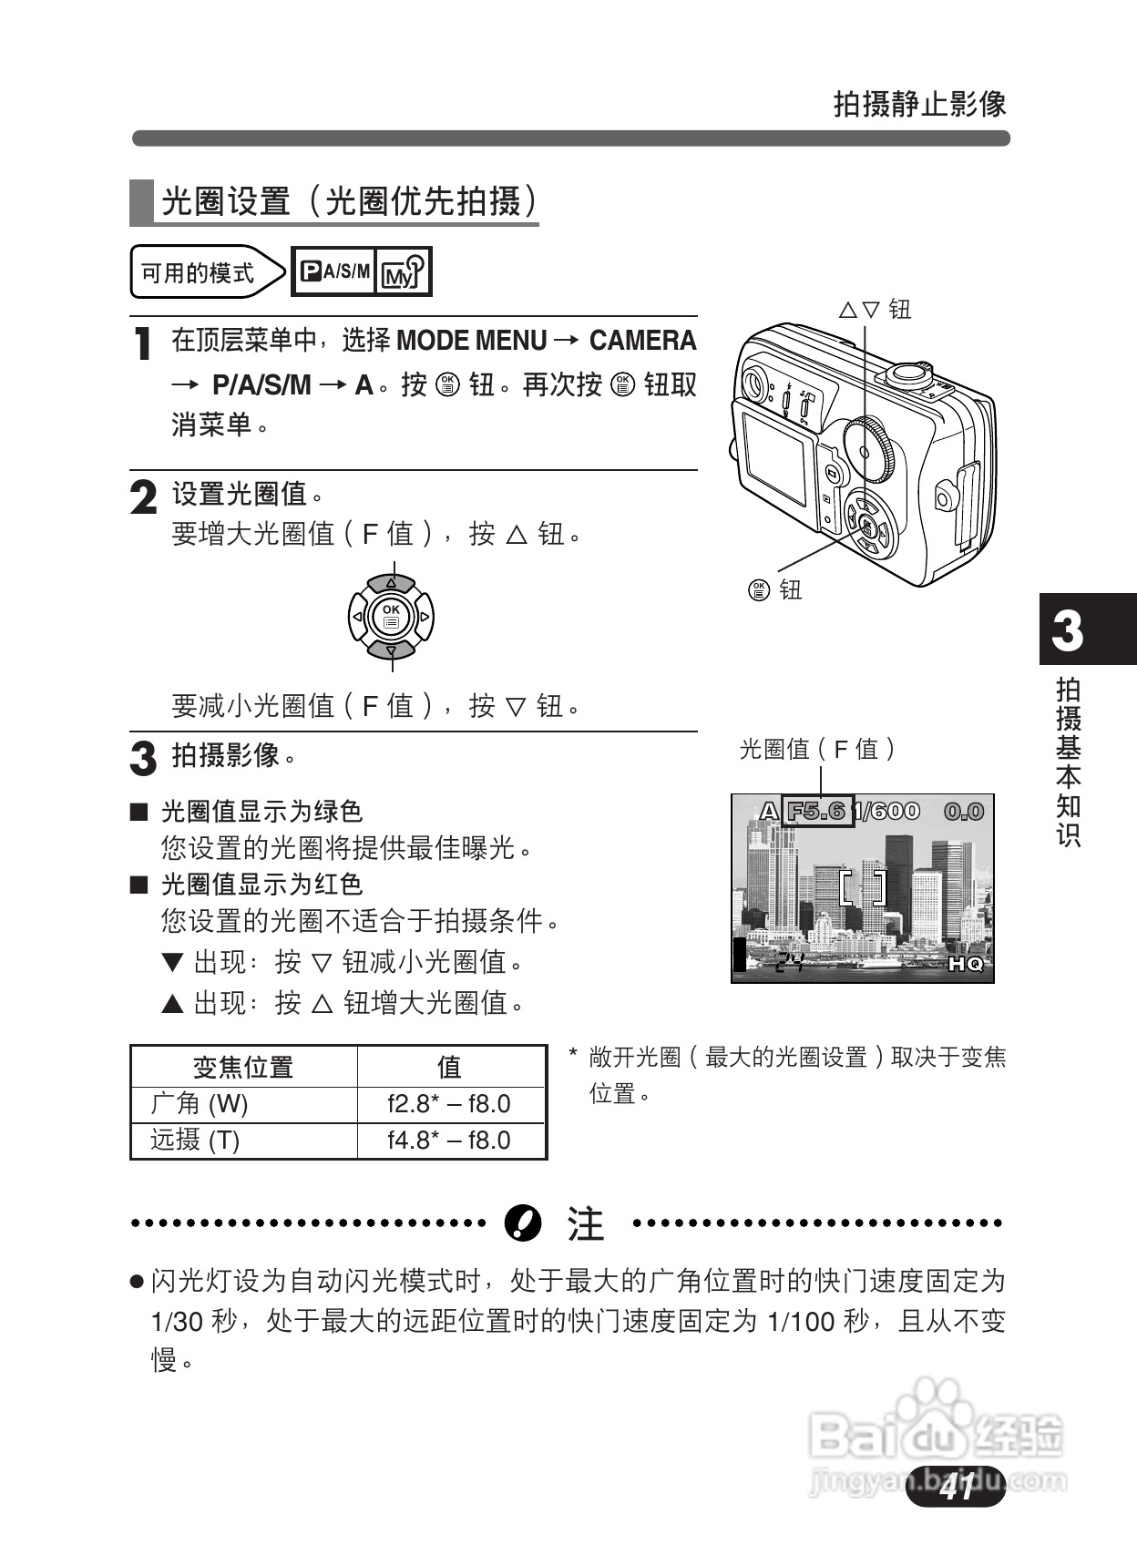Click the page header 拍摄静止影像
(x=919, y=103)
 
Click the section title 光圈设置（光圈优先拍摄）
(x=349, y=201)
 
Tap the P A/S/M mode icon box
(x=334, y=271)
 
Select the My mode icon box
(x=403, y=271)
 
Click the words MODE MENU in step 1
(x=471, y=341)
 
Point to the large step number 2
(x=143, y=497)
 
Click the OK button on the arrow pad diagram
(x=391, y=618)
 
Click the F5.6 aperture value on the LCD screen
(x=817, y=811)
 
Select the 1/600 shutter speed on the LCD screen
(x=887, y=811)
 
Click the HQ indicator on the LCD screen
(x=966, y=964)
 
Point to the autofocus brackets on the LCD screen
(x=862, y=887)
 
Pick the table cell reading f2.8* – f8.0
(x=449, y=1104)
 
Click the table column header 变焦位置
(x=242, y=1067)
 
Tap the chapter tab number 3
(x=1068, y=630)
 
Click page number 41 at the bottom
(x=957, y=1487)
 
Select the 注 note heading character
(x=585, y=1223)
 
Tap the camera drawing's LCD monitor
(x=773, y=456)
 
